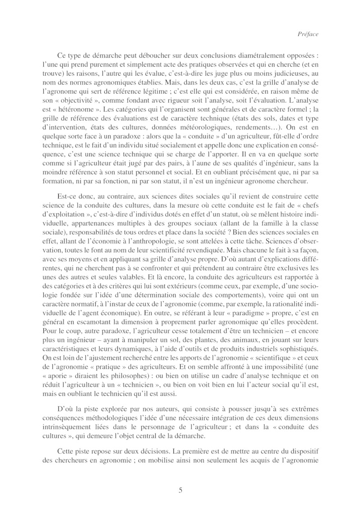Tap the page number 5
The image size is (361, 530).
click(180, 490)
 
